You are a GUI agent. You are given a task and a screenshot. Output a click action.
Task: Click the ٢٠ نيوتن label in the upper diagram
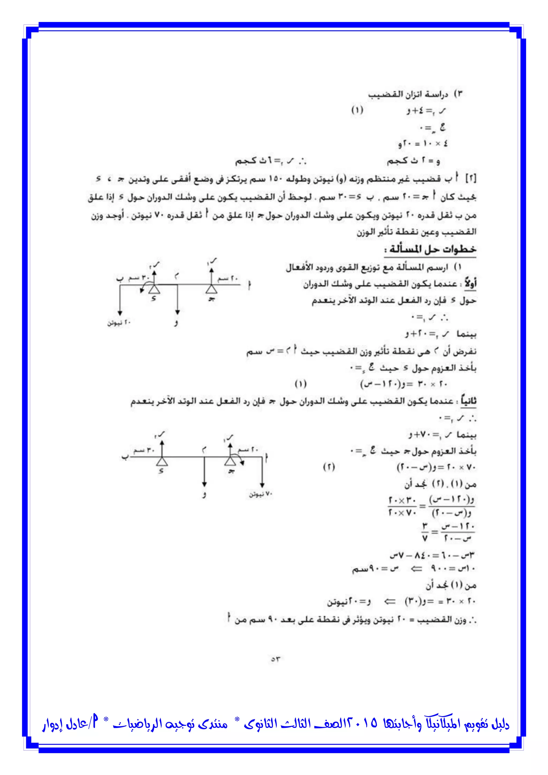[119, 323]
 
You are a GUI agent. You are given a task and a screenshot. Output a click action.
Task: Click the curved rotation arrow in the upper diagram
[144, 288]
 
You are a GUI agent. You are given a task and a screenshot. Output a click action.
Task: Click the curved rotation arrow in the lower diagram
[239, 460]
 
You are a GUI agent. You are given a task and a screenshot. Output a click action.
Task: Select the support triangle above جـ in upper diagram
[212, 289]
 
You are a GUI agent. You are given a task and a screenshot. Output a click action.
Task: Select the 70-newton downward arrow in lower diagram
[262, 473]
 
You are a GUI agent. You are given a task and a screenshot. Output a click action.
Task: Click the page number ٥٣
[275, 659]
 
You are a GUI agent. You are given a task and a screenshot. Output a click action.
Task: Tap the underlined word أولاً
[470, 284]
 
